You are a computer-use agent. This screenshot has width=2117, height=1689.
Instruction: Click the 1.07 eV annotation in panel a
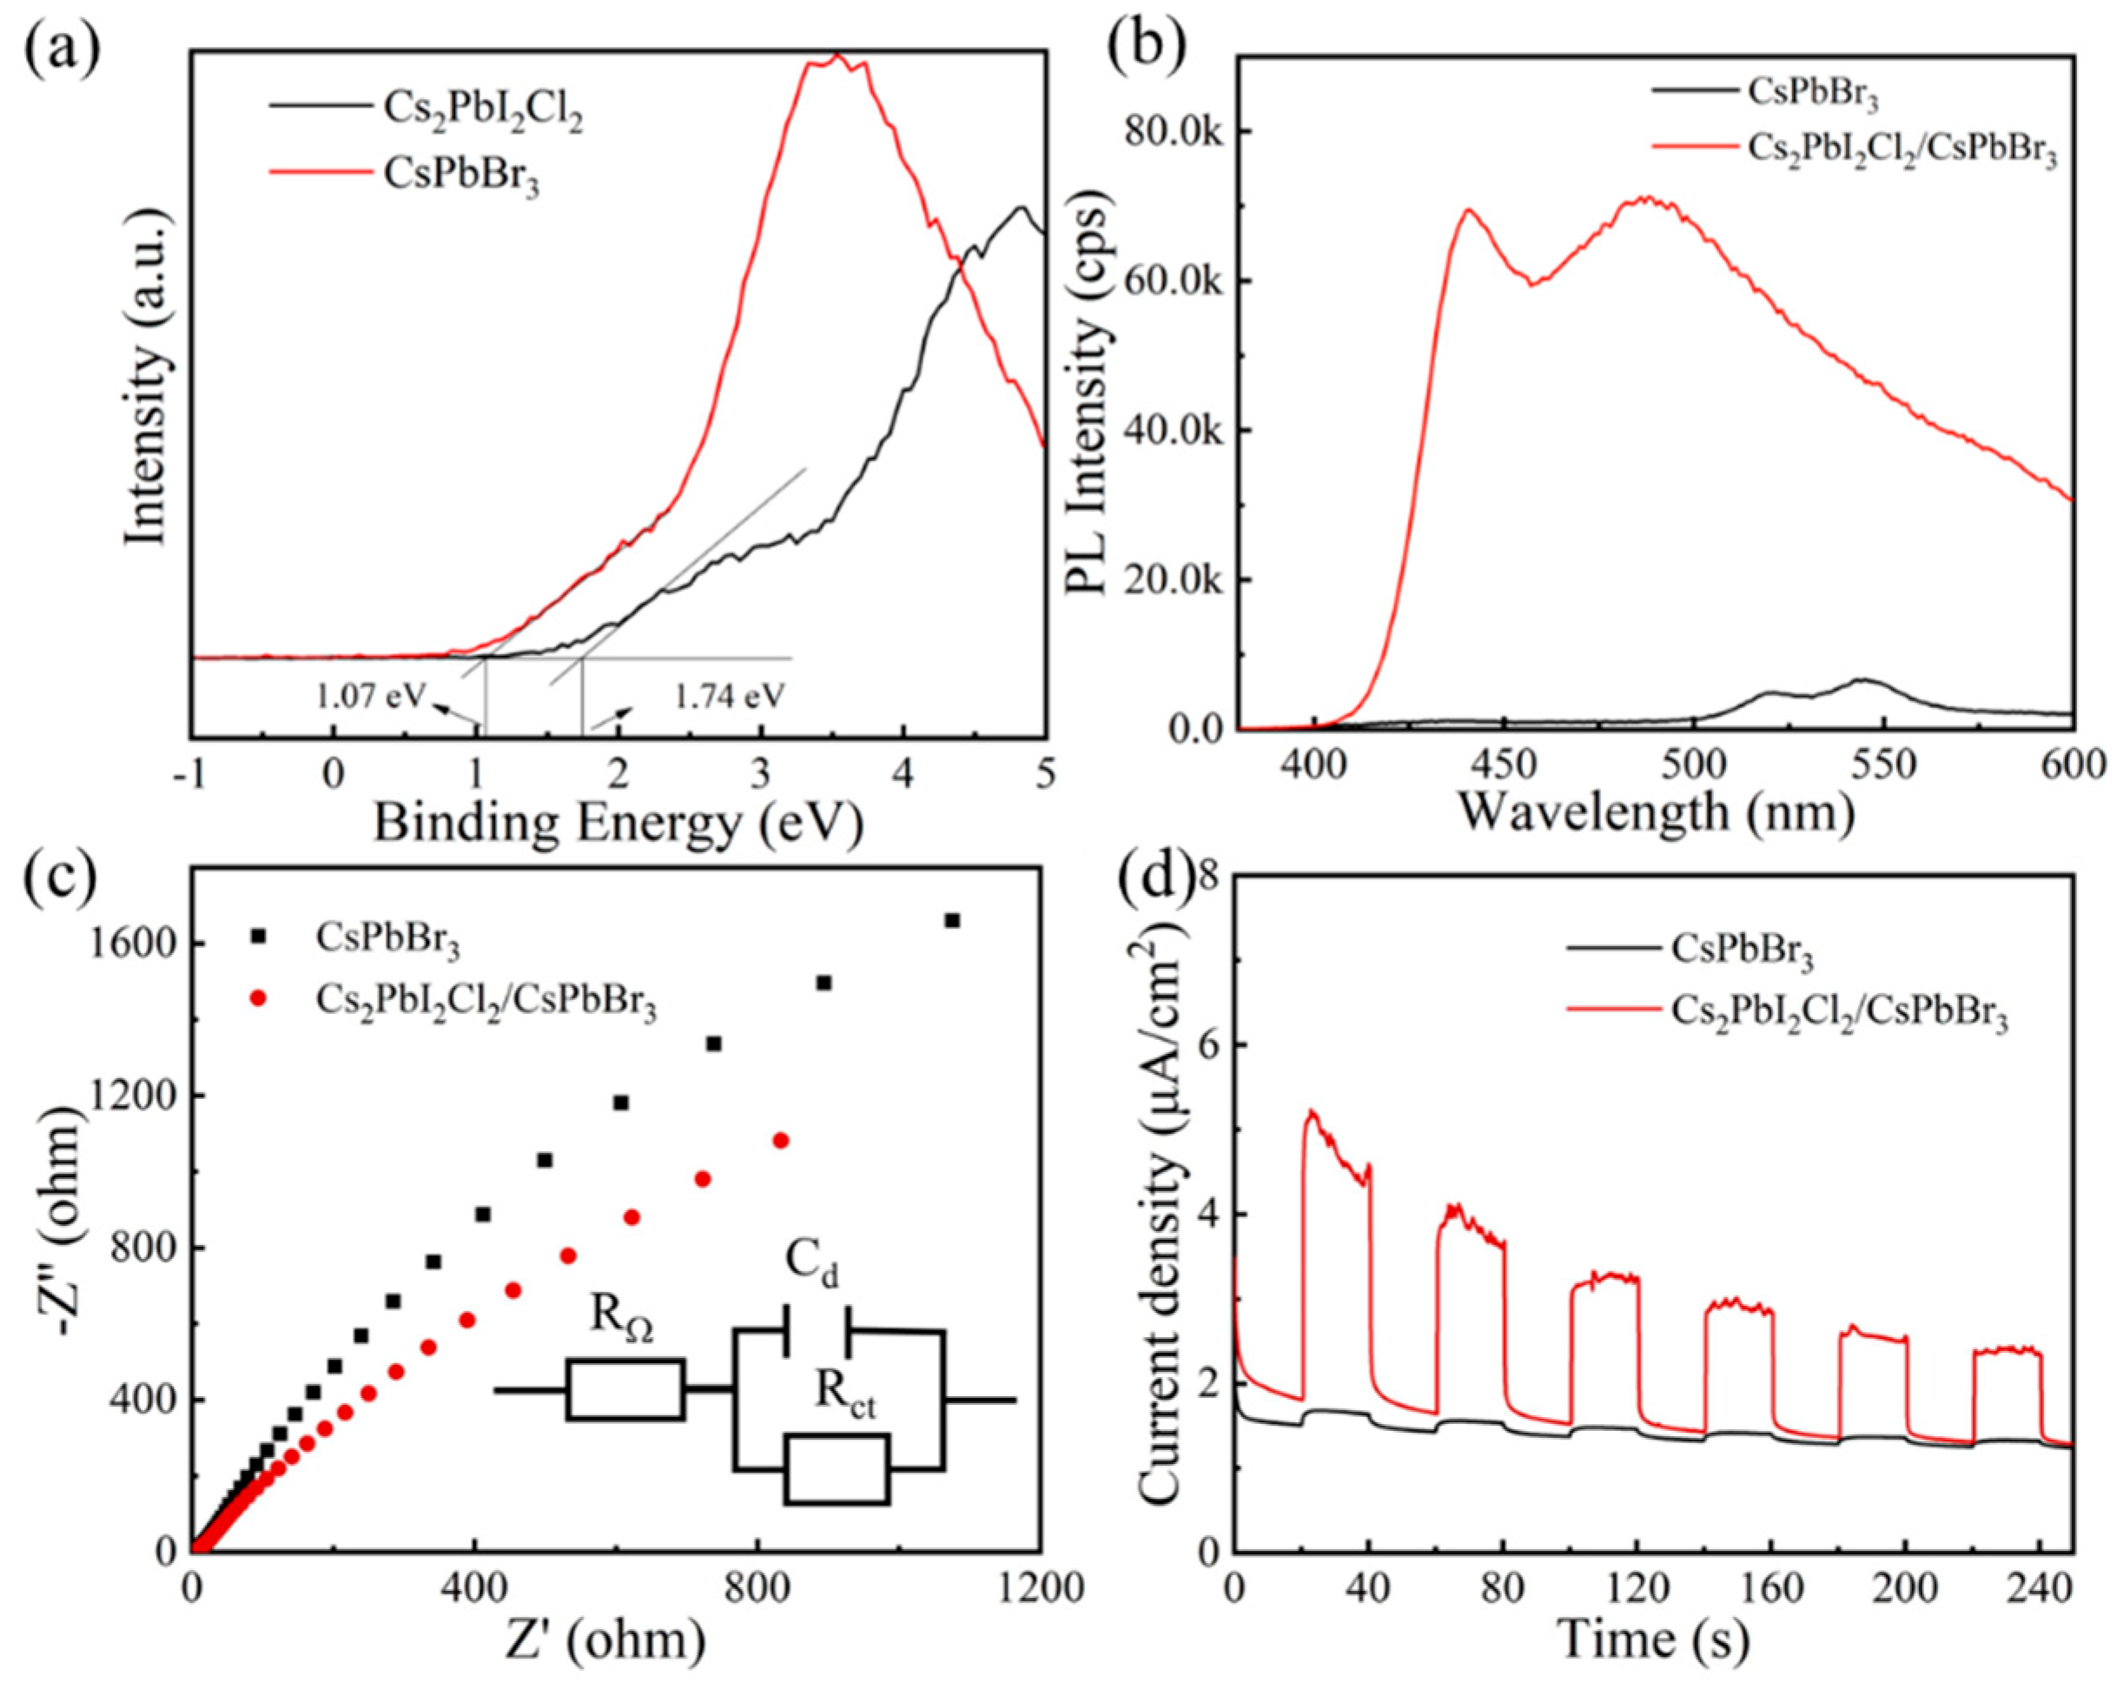pyautogui.click(x=370, y=696)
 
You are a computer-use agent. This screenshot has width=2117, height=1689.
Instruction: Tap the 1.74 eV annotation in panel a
pyautogui.click(x=730, y=696)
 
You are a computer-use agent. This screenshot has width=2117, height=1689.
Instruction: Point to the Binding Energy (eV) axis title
pyautogui.click(x=619, y=823)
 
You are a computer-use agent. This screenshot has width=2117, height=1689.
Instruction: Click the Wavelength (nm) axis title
pyautogui.click(x=1657, y=811)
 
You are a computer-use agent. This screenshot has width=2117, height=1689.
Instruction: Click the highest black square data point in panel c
pyautogui.click(x=951, y=920)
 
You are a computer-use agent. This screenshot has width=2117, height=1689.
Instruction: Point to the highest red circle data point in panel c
pyautogui.click(x=782, y=1140)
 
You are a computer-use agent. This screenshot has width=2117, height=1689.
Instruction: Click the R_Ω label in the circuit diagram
pyautogui.click(x=622, y=1321)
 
